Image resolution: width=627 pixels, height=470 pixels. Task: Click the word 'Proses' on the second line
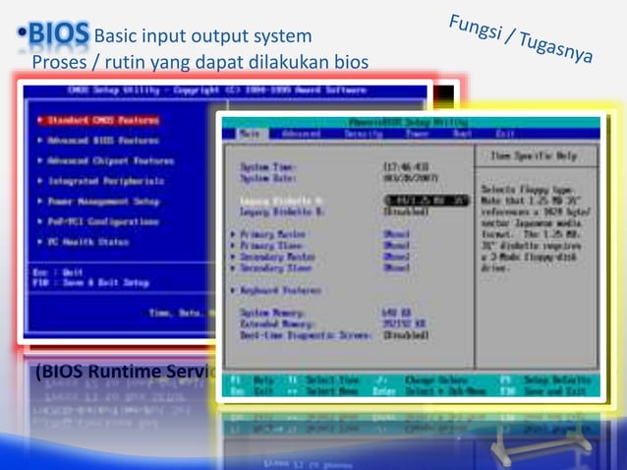[x=60, y=63]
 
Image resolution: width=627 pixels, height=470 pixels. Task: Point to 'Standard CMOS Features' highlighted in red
[x=99, y=120]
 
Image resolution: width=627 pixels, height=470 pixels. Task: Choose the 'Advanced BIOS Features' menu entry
[x=99, y=141]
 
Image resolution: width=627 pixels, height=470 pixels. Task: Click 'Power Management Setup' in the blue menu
[x=99, y=202]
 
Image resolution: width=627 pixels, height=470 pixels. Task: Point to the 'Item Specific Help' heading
[x=536, y=155]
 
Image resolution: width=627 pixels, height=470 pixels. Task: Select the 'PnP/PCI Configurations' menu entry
[x=102, y=221]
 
